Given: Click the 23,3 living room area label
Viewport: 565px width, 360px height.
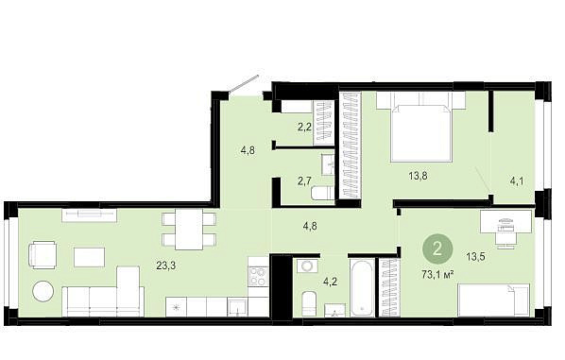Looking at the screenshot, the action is click(165, 266).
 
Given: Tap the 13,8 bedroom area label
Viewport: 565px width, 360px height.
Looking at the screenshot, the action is click(418, 176).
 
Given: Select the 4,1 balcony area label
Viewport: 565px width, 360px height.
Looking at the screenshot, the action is click(517, 180).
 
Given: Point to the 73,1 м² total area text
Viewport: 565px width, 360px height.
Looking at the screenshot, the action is click(437, 275).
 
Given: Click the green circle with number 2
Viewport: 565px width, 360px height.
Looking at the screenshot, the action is click(437, 249).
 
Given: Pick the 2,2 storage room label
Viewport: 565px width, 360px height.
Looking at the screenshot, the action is click(304, 127).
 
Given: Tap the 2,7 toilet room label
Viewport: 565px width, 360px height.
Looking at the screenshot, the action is click(304, 180).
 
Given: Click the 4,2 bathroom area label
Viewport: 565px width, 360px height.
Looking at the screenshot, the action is click(330, 282).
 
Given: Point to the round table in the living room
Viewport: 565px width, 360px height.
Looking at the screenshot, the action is click(43, 291).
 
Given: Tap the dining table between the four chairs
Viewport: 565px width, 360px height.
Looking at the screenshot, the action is click(188, 230).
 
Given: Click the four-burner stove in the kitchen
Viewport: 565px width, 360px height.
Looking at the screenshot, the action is click(258, 277).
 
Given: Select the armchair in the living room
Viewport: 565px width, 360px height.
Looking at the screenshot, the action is click(42, 255).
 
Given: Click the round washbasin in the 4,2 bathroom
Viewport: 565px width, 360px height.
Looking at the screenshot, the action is click(307, 266).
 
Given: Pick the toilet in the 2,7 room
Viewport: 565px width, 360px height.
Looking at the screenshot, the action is click(322, 193).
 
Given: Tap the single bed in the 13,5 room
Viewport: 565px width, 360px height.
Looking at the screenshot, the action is click(493, 300).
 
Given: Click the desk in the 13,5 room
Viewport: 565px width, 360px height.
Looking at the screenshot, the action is click(505, 221).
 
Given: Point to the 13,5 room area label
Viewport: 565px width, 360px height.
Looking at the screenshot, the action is click(475, 257).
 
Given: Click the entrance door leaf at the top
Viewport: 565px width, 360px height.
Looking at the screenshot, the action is click(244, 83).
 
